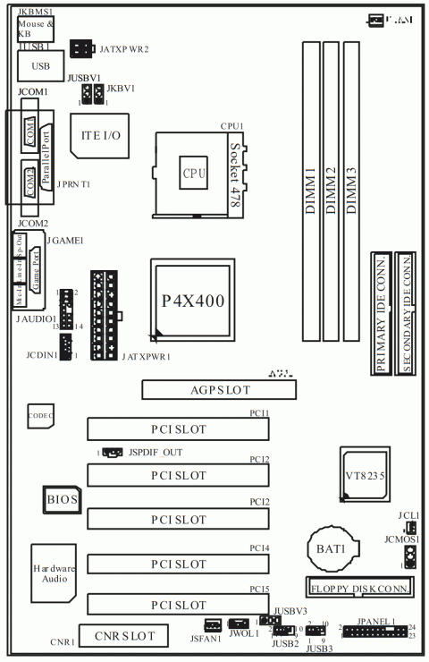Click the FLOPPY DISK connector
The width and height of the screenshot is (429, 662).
359,589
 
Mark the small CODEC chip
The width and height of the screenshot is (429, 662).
40,416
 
